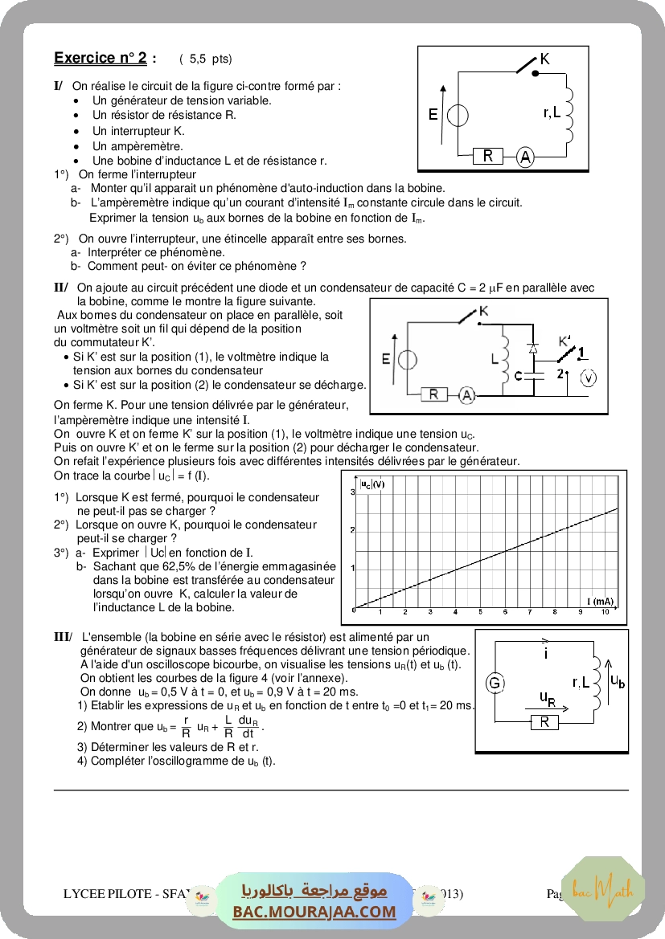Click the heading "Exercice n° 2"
click(101, 58)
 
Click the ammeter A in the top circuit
click(524, 157)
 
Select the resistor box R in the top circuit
click(487, 156)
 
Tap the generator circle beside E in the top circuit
click(458, 116)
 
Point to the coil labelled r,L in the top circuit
click(569, 112)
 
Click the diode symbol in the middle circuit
click(532, 349)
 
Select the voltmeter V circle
click(588, 378)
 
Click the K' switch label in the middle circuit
click(565, 341)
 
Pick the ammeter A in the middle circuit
click(467, 394)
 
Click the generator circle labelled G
click(495, 684)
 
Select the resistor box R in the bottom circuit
click(544, 722)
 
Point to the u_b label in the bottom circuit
click(618, 681)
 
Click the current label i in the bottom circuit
click(546, 654)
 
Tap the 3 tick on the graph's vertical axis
click(352, 491)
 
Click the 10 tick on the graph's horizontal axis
click(605, 613)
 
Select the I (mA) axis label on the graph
click(600, 601)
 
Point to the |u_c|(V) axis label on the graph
click(372, 484)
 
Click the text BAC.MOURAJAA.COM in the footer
click(314, 912)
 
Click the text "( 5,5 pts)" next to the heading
click(205, 59)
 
